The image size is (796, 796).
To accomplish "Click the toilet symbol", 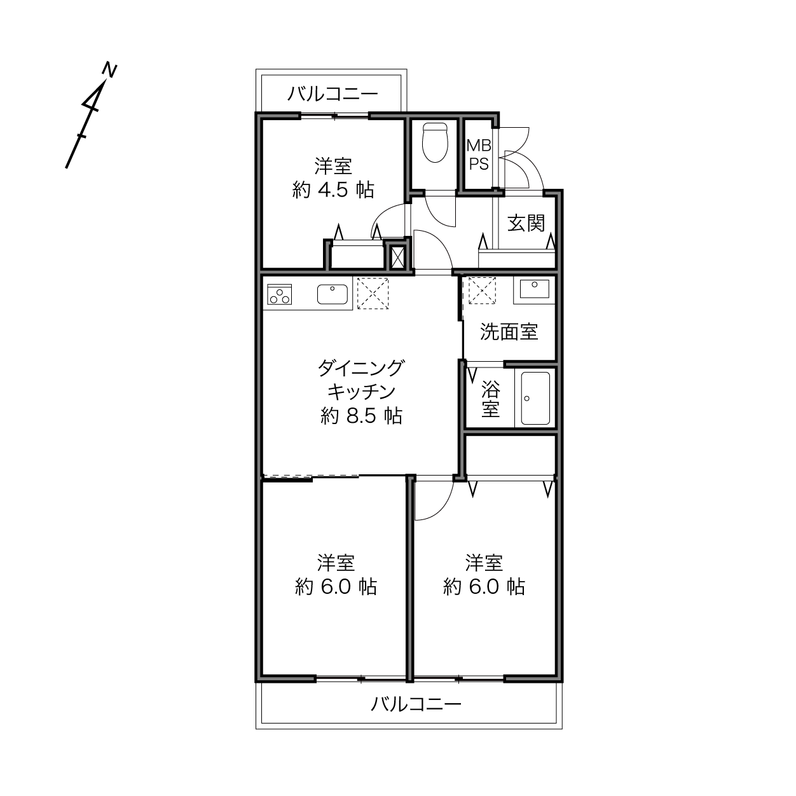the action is pos(435,142).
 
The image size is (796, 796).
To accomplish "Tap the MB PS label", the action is pos(479,154).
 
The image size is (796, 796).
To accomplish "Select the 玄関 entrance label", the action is pos(526,223).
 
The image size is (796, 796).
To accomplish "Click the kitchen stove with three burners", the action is pos(279,294).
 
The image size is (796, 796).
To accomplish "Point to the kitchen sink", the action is pos(332,294).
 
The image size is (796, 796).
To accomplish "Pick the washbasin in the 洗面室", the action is pos(534,289).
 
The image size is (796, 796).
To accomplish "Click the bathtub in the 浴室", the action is pos(535,398).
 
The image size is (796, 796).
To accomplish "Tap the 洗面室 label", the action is pos(509,332).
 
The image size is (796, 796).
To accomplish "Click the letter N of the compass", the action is pos(109,70).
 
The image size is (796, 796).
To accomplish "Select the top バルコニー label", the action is pos(333,94).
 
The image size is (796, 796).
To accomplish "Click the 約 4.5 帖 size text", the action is pos(333,190).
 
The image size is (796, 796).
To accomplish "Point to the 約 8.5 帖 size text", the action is pos(361,416).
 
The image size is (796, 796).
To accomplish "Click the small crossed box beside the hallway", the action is pos(397,257).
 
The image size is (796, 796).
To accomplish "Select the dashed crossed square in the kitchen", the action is pos(373,293).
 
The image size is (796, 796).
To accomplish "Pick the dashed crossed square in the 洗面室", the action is pos(482,290).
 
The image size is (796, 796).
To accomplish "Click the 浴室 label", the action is pos(490,399).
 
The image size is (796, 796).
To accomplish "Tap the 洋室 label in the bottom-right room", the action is pos(484,563).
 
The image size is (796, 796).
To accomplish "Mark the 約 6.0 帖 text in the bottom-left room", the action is pos(336,587).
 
